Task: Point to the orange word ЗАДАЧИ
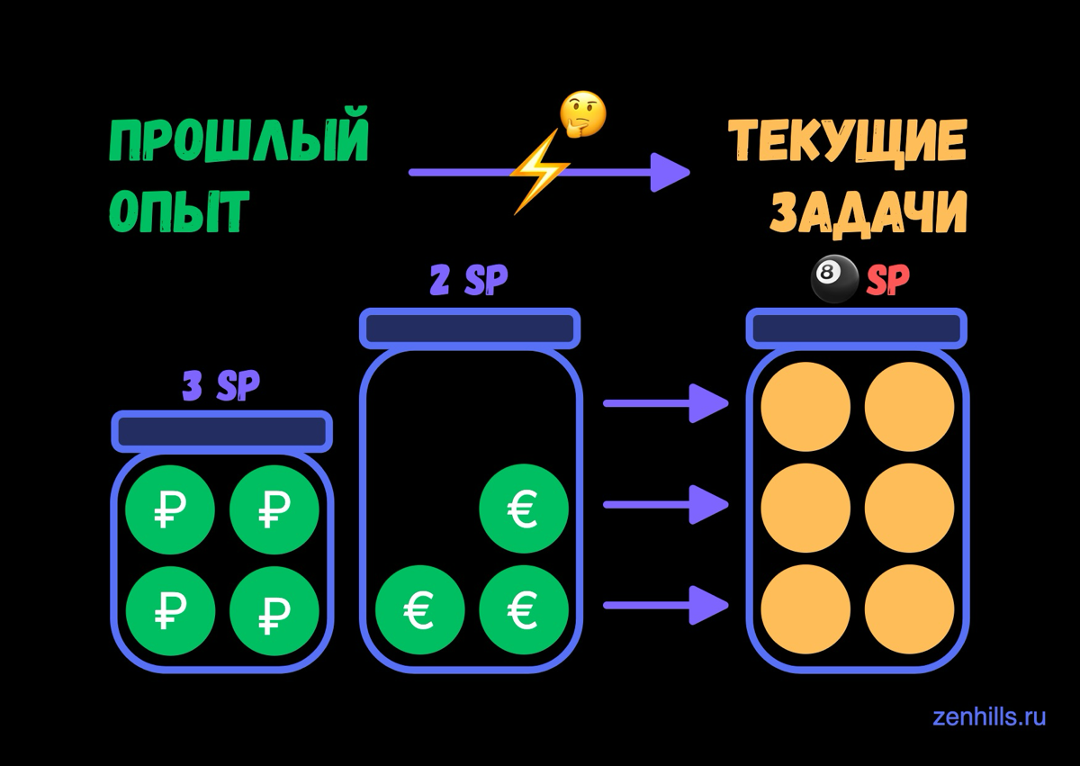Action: (868, 212)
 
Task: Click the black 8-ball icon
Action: (834, 280)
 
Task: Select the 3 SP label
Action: (220, 386)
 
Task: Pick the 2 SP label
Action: (468, 282)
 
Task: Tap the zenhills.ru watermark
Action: (989, 716)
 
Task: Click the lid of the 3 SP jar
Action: (221, 431)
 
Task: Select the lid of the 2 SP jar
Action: (469, 328)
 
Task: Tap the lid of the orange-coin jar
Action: (857, 328)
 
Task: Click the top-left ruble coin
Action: (170, 511)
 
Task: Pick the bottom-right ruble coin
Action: (274, 612)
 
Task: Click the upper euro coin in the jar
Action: (524, 509)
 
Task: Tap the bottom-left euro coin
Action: (419, 611)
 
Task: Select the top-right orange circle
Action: (909, 407)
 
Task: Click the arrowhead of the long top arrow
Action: (669, 172)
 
